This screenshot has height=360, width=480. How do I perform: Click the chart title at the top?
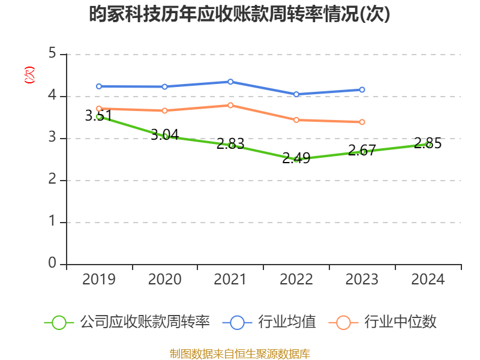tap(239, 14)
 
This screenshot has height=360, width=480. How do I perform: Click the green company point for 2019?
tap(99, 116)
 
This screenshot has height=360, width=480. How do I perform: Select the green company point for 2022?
tap(296, 160)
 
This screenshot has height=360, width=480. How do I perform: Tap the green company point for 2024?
tap(428, 145)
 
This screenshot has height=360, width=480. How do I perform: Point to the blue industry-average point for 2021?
tap(230, 82)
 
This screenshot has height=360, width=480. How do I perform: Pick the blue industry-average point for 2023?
tap(362, 90)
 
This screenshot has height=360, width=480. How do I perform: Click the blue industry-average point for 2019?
tap(99, 86)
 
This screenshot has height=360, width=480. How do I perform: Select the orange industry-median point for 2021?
tap(230, 105)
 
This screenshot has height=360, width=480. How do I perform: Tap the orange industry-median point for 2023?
tap(362, 122)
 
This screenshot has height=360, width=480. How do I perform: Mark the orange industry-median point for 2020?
tap(165, 110)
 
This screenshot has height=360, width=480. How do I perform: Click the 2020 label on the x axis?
tap(165, 279)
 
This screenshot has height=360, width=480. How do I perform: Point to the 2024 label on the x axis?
tap(428, 279)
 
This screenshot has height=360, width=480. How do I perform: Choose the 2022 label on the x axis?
tap(296, 279)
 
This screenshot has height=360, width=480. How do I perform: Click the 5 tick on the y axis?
tap(52, 54)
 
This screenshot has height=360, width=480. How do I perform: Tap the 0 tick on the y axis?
tap(52, 264)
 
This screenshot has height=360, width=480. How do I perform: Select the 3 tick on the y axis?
tap(52, 138)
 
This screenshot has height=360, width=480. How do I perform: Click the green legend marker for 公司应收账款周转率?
tap(59, 322)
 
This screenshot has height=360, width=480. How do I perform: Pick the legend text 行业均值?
tap(287, 322)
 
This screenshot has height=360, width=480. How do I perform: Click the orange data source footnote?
tap(239, 353)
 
